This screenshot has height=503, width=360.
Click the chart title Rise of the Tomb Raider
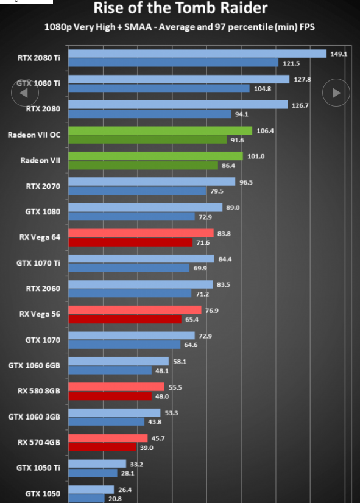pos(180,8)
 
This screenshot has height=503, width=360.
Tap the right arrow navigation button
pos(336,93)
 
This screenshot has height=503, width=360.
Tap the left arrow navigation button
pos(25,93)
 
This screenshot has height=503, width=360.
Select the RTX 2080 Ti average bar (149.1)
pos(197,54)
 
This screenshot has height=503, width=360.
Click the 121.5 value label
pos(291,63)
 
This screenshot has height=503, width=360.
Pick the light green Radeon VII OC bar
pos(160,130)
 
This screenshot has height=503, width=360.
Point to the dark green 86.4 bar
pos(143,166)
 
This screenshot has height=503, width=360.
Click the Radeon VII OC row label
pos(34,135)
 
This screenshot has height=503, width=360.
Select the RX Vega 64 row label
pos(40,237)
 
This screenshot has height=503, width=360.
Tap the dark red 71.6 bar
pos(130,242)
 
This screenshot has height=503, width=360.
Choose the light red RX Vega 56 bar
pos(135,310)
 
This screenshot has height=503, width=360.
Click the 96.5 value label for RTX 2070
pos(246,182)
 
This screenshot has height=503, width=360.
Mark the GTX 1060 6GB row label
pos(34,366)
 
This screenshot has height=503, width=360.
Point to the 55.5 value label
pos(175,387)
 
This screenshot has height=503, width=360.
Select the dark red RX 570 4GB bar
pos(102,447)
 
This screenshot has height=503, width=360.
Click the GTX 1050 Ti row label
pos(38,468)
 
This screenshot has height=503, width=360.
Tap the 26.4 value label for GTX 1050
pos(125,490)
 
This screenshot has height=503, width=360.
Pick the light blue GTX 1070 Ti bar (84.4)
pos(141,259)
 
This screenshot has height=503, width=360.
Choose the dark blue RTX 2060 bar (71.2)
pos(130,294)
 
